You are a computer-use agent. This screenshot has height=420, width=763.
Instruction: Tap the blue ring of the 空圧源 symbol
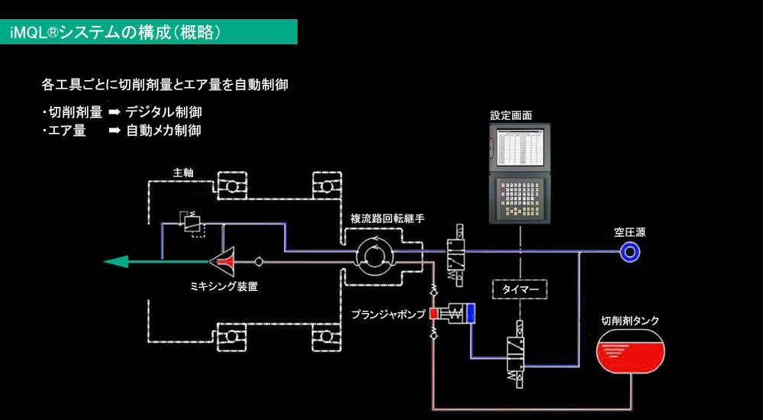pos(630,251)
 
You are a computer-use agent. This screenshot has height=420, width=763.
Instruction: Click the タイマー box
pos(521,289)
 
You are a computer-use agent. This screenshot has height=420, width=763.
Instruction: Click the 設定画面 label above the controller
pos(511,115)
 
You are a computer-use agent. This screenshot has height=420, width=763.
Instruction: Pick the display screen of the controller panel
pos(521,147)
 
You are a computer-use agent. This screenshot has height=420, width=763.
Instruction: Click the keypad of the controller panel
pos(521,198)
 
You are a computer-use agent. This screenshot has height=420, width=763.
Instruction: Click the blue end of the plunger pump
pos(471,313)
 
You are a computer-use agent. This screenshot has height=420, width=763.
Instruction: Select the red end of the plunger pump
pos(433,313)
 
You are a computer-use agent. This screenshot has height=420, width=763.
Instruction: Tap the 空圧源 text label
pos(629,232)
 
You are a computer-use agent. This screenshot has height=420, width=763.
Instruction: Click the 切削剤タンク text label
pos(630,321)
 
